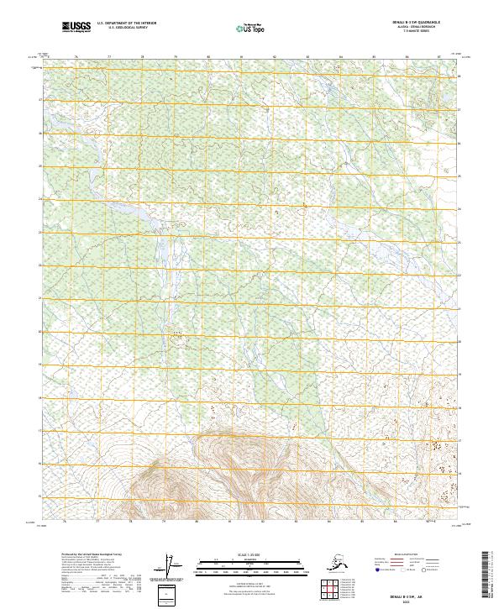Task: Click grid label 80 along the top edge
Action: point(207,56)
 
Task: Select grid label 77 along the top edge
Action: point(109,56)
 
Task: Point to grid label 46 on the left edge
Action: point(38,133)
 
